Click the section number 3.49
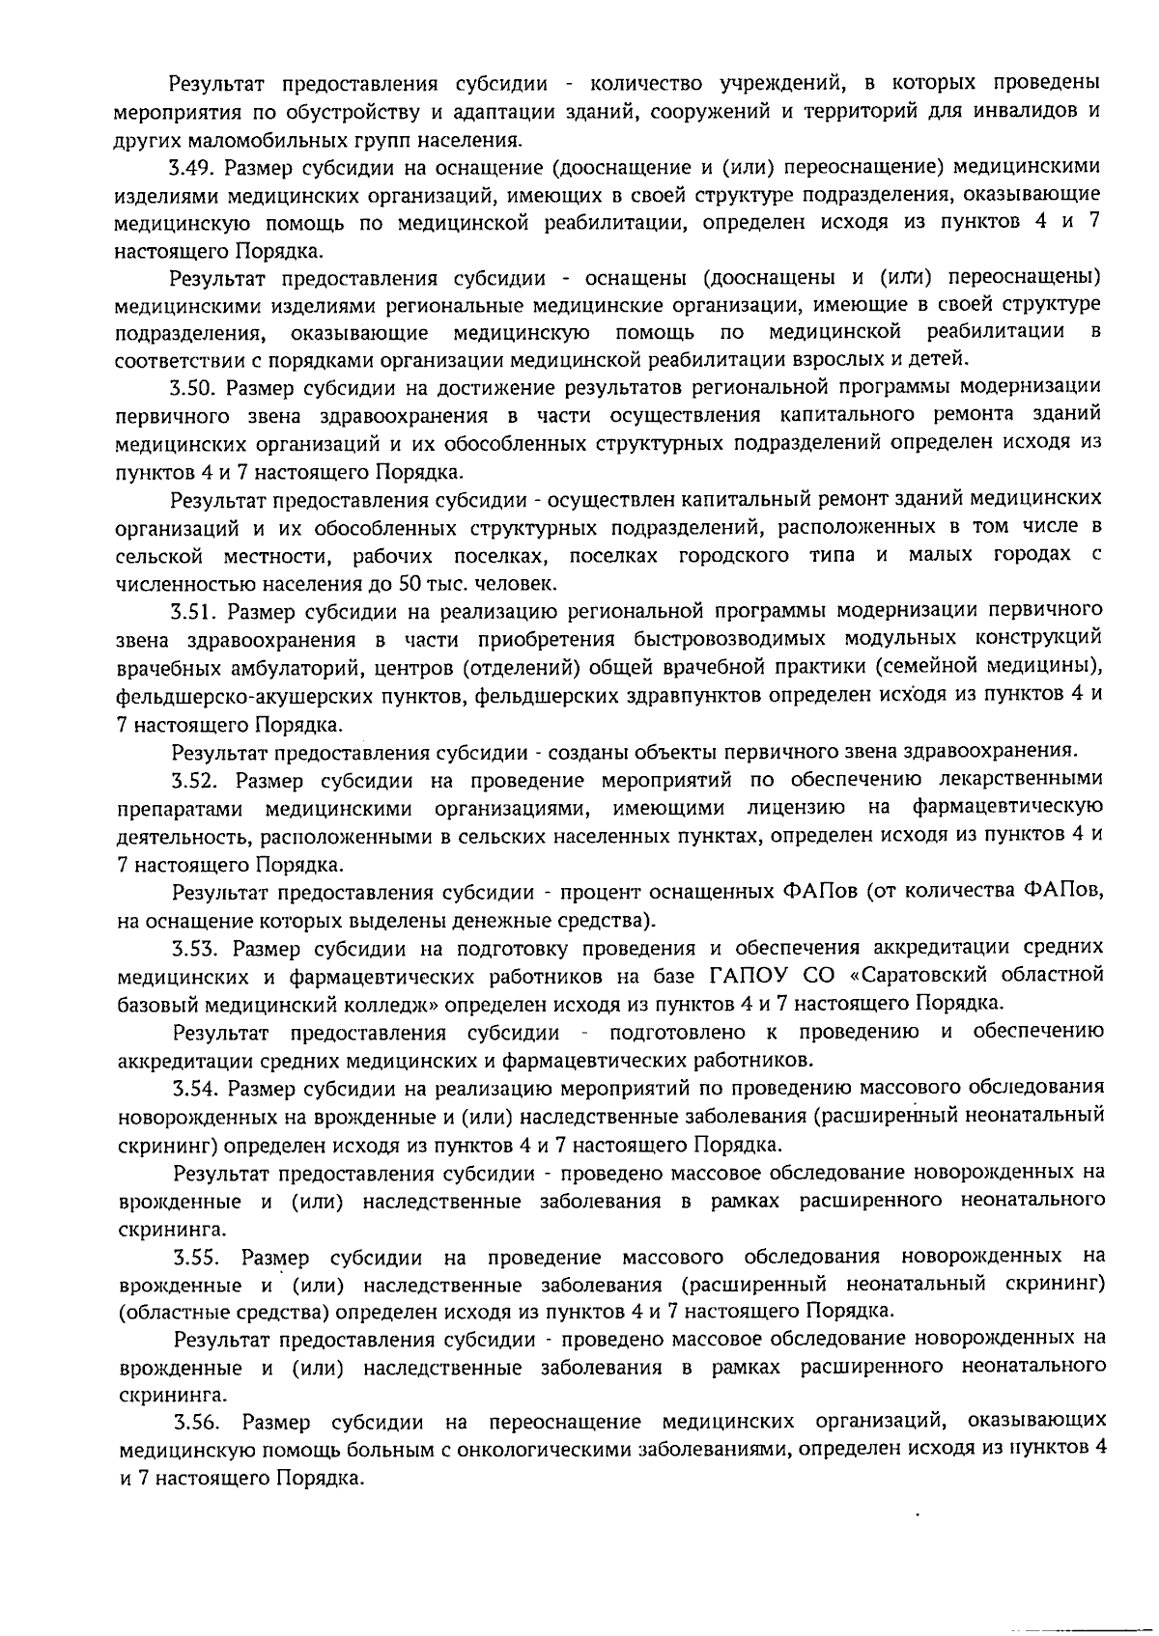pyautogui.click(x=191, y=167)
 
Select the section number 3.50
pyautogui.click(x=193, y=388)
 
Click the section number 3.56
pyautogui.click(x=198, y=1423)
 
